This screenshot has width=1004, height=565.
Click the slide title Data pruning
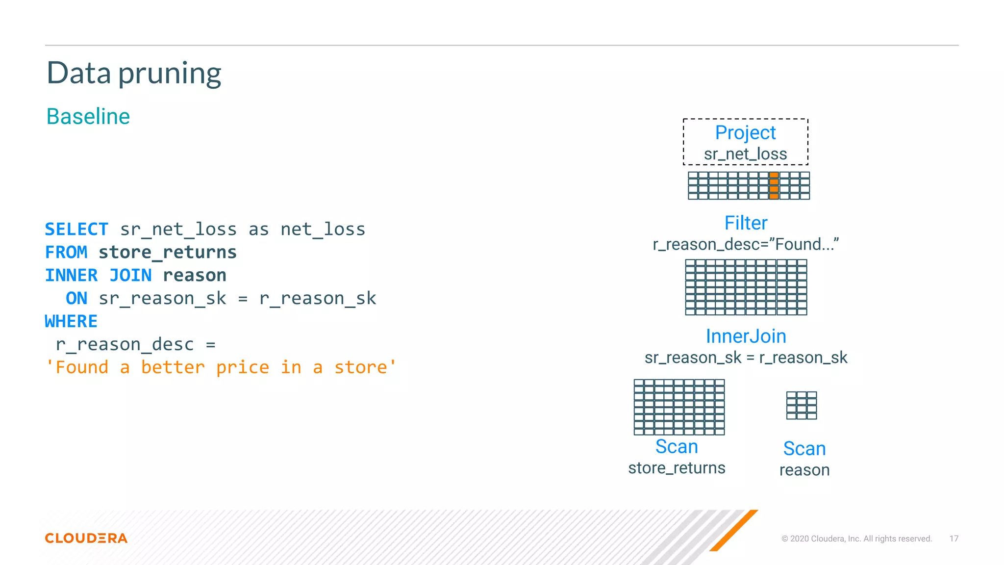134,73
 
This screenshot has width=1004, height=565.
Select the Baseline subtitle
88,117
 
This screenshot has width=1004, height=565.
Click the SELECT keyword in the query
76,229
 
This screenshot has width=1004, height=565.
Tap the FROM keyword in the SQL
66,252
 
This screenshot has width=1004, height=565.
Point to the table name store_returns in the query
168,252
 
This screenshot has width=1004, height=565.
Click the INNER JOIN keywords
98,275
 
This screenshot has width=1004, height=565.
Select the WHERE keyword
71,321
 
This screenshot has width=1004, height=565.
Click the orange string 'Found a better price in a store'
221,367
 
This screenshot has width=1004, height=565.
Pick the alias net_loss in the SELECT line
323,229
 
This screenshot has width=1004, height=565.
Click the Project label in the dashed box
745,132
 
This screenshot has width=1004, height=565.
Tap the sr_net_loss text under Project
745,154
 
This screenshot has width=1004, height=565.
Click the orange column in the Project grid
774,185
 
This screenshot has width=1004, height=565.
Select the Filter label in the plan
746,223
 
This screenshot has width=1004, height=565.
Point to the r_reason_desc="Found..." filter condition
746,244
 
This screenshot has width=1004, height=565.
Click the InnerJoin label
746,336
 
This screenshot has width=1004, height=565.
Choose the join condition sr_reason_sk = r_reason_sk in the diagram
746,358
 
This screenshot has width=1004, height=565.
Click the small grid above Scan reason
802,405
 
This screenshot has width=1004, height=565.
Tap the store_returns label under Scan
677,468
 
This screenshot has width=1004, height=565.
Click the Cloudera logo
86,538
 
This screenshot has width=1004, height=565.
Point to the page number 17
954,539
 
